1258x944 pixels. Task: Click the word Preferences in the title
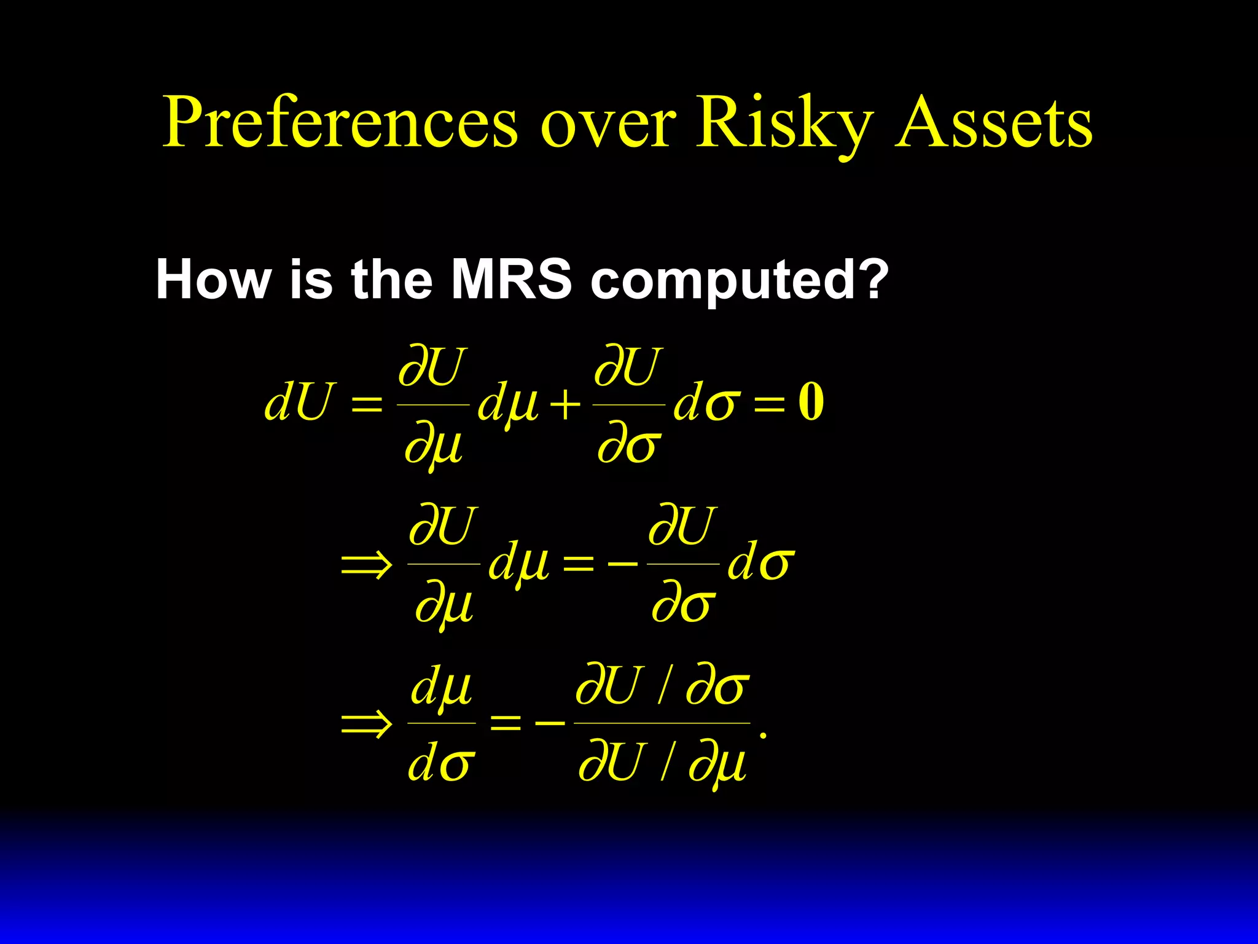pyautogui.click(x=340, y=123)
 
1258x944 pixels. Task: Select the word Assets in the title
pyautogui.click(x=993, y=123)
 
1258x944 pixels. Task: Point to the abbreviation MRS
pyautogui.click(x=511, y=280)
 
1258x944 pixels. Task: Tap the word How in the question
pyautogui.click(x=213, y=280)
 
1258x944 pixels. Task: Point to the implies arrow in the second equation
pyautogui.click(x=367, y=563)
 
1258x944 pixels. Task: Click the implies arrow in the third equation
pyautogui.click(x=367, y=723)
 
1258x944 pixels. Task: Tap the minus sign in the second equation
pyautogui.click(x=622, y=563)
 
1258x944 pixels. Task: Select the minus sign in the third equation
pyautogui.click(x=550, y=723)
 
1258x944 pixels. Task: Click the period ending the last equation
pyautogui.click(x=763, y=735)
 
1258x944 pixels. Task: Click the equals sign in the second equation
pyautogui.click(x=579, y=563)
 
